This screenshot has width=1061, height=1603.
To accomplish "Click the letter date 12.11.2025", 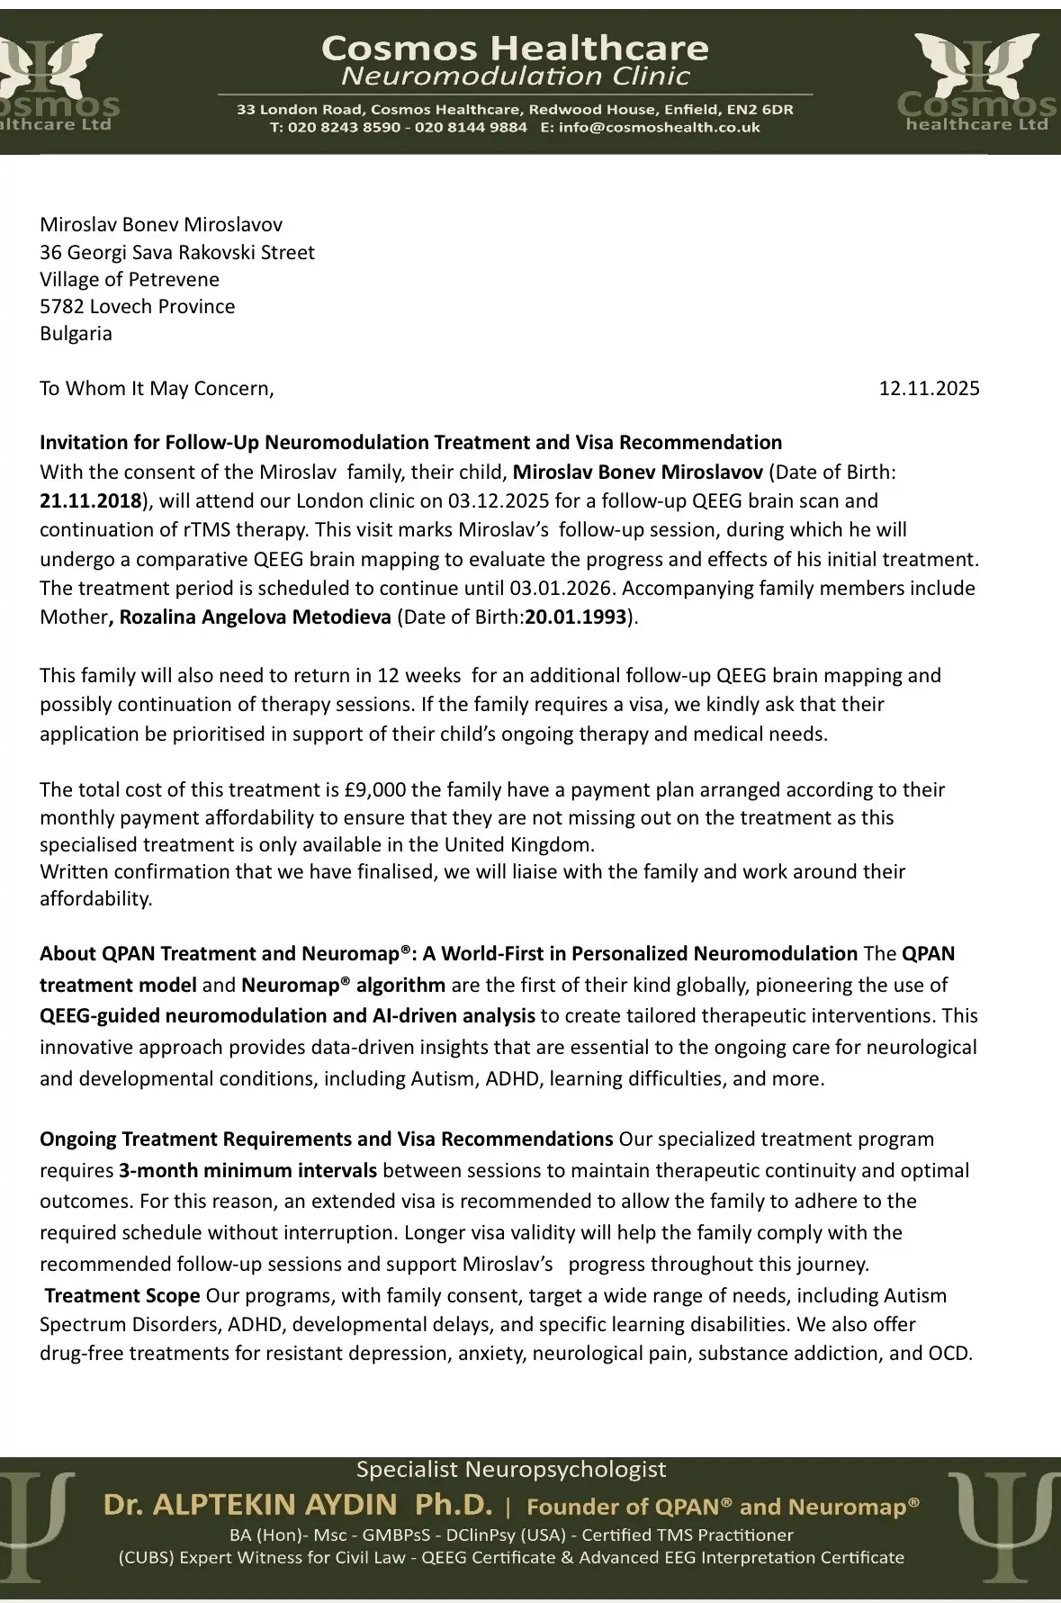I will click(929, 389).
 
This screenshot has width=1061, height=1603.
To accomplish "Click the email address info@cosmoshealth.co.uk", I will click(659, 128).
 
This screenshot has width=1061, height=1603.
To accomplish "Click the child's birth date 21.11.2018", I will click(90, 500).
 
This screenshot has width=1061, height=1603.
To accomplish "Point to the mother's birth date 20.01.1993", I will click(576, 617).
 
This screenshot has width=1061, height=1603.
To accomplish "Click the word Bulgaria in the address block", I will click(76, 334).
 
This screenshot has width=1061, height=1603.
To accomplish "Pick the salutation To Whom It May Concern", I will click(156, 389).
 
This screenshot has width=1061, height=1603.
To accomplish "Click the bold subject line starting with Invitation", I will click(410, 443).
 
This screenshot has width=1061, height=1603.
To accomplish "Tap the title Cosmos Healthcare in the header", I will click(515, 48).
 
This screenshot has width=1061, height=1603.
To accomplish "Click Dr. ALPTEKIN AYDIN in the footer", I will click(250, 1504).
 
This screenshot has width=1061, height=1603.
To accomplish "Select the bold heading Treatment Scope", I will click(122, 1296).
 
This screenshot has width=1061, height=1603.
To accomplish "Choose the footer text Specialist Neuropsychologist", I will click(511, 1470).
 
